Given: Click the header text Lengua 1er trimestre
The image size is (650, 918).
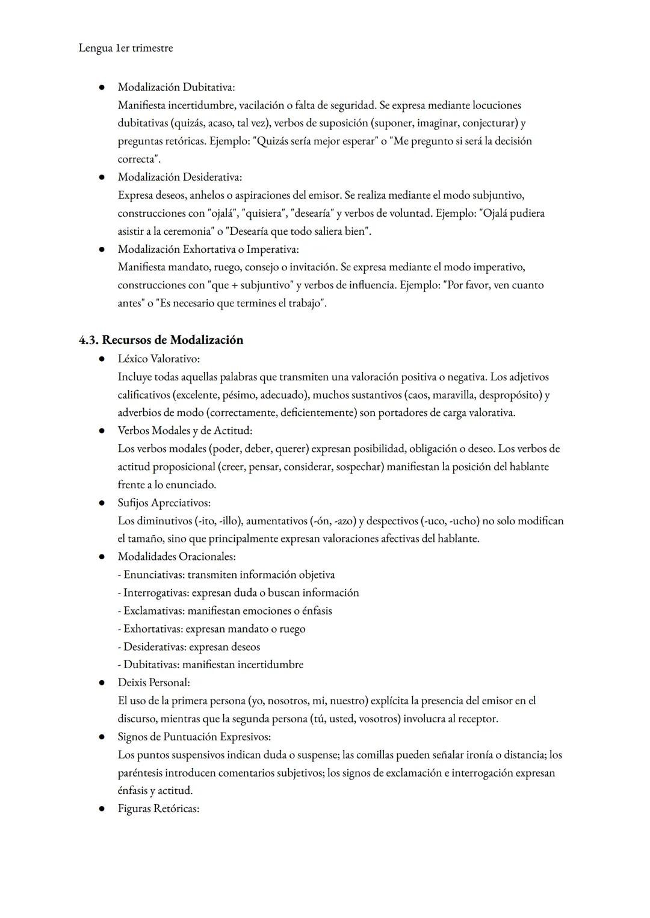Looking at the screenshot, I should [x=125, y=48].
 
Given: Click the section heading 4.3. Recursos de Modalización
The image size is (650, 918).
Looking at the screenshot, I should [x=161, y=340].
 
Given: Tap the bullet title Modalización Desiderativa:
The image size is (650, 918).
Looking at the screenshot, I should [x=179, y=177].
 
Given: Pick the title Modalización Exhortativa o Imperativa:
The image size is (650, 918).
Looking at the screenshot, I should [x=208, y=249].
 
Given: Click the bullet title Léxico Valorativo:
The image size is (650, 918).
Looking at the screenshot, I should [x=158, y=359].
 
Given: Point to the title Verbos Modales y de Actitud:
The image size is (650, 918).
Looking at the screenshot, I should [x=185, y=431].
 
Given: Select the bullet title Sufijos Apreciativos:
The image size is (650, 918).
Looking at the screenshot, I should [x=164, y=503].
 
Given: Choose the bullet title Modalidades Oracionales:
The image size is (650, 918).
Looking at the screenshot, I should [x=176, y=557].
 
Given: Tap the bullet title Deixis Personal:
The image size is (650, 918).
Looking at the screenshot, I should [x=153, y=683].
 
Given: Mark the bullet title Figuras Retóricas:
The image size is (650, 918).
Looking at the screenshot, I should [x=158, y=809].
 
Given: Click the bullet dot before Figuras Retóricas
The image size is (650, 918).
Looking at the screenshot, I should [x=103, y=809].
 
